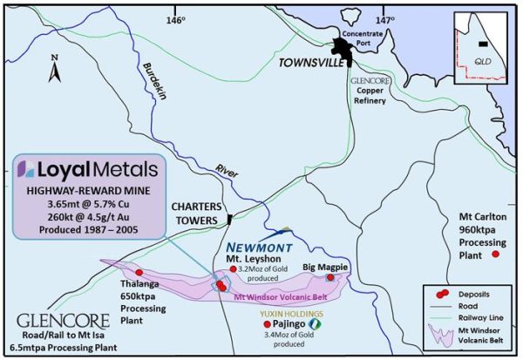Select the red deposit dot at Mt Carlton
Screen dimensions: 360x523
(x=496, y=254)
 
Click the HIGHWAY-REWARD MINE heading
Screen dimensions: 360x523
(x=85, y=191)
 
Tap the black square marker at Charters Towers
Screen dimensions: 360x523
(x=228, y=218)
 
